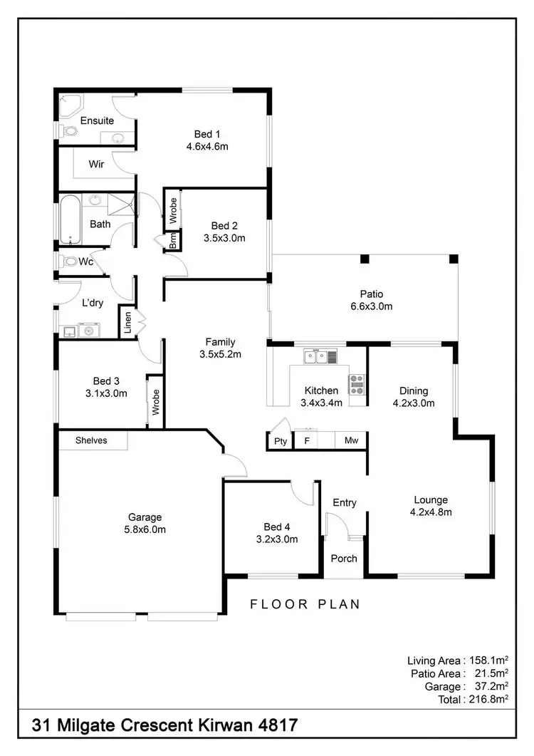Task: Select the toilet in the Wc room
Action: click(69, 262)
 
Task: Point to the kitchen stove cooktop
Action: click(356, 385)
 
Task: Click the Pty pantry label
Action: click(281, 442)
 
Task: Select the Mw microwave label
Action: click(351, 442)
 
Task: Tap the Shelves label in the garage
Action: click(92, 440)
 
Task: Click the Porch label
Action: click(345, 558)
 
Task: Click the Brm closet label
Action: click(173, 242)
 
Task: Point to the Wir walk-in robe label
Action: click(97, 164)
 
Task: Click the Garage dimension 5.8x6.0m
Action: click(145, 529)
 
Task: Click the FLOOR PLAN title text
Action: click(305, 604)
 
